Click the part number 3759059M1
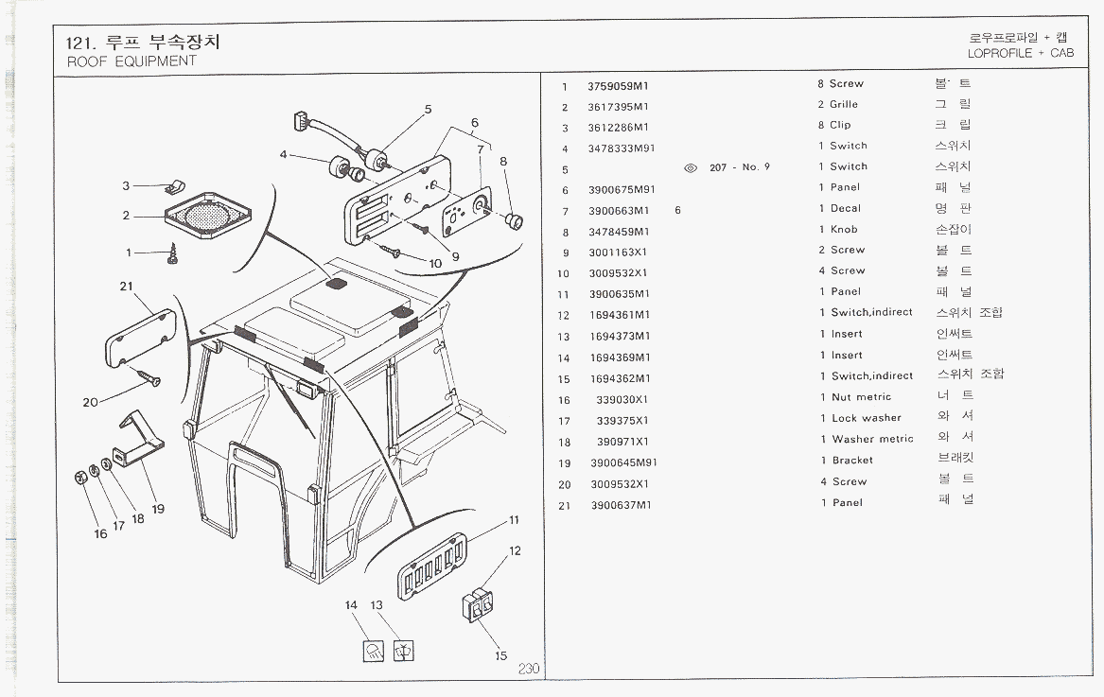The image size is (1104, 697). (619, 86)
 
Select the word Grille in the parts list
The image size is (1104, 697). (844, 105)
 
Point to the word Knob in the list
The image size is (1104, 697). (844, 230)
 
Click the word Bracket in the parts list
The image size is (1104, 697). (852, 461)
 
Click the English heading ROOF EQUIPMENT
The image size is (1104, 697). (131, 61)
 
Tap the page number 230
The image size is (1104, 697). (528, 669)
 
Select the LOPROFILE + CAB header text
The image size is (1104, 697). (1021, 54)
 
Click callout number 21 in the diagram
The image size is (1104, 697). (127, 287)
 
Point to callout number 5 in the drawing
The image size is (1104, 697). (428, 110)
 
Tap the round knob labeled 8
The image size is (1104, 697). (515, 221)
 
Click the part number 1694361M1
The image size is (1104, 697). (619, 316)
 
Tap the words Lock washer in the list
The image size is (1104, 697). (867, 418)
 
